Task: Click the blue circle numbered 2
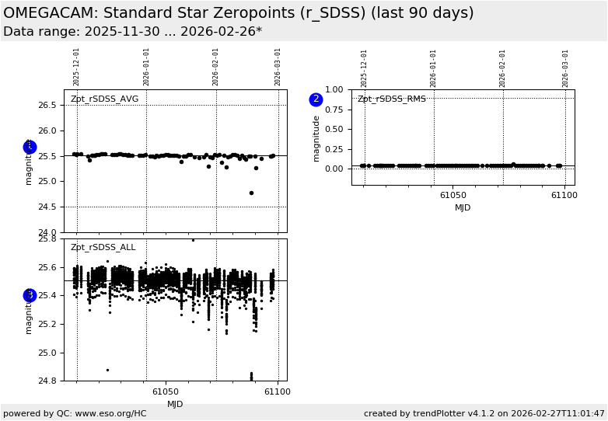(316, 99)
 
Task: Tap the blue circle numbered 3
(30, 295)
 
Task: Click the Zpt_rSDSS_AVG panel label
(104, 99)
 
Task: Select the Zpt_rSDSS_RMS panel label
(392, 99)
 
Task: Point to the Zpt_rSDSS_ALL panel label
(103, 248)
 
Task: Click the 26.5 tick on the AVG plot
(48, 105)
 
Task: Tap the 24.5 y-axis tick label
(48, 207)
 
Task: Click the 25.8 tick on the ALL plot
(48, 238)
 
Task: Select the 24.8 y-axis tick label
(48, 381)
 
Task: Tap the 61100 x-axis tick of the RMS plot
(564, 196)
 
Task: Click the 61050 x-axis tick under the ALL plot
(166, 392)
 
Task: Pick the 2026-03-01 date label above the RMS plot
(566, 67)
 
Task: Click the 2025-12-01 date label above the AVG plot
(77, 67)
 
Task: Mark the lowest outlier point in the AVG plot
(251, 193)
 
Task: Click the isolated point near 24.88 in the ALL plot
(107, 370)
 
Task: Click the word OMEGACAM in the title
(50, 13)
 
